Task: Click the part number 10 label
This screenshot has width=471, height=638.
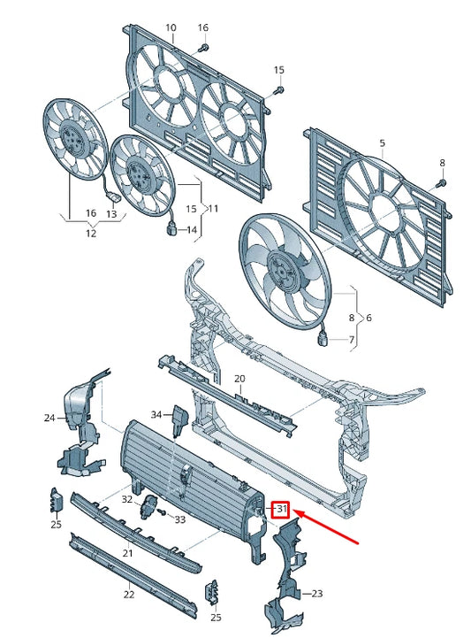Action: [x=171, y=27]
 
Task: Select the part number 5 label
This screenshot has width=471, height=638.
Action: [x=383, y=143]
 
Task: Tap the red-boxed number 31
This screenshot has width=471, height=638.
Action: [x=281, y=509]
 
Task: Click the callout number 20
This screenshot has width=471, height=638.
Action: [x=239, y=379]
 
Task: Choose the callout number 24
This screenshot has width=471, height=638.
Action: [x=49, y=418]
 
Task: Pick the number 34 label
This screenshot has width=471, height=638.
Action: [x=156, y=414]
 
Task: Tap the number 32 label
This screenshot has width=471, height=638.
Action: [x=126, y=500]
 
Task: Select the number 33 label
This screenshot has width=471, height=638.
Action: [x=180, y=519]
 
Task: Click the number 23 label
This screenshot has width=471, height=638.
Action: [x=317, y=594]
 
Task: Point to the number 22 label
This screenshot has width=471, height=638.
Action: [x=129, y=595]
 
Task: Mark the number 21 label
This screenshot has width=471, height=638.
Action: [x=126, y=553]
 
